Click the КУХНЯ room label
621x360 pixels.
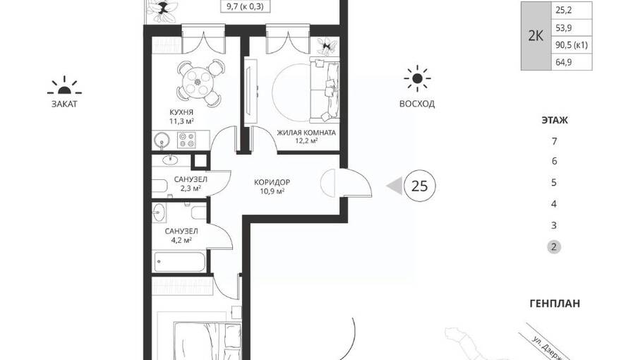coord(181,112)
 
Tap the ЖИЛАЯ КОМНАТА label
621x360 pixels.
coord(306,133)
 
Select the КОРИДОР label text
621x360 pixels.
coord(272,182)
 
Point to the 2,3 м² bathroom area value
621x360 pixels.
coord(191,188)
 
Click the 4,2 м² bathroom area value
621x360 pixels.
coord(181,240)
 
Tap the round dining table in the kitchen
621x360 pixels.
coord(198,82)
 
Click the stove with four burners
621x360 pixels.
coord(187,140)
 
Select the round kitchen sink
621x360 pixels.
coord(162,140)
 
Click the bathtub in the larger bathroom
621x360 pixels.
coord(180,262)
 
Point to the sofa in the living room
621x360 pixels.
coord(325,90)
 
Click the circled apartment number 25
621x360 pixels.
coord(419,186)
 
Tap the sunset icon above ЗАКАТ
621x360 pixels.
coord(64,86)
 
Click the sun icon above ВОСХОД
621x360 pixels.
coord(417,78)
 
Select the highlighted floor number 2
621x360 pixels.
coord(554,247)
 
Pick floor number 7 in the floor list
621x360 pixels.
coord(554,141)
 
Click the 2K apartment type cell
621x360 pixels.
coord(536,36)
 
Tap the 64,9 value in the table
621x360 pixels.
coord(564,62)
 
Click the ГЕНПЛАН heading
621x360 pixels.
coord(555,304)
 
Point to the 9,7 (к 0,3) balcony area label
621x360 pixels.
coord(245,7)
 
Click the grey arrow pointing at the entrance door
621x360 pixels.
coord(394,186)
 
